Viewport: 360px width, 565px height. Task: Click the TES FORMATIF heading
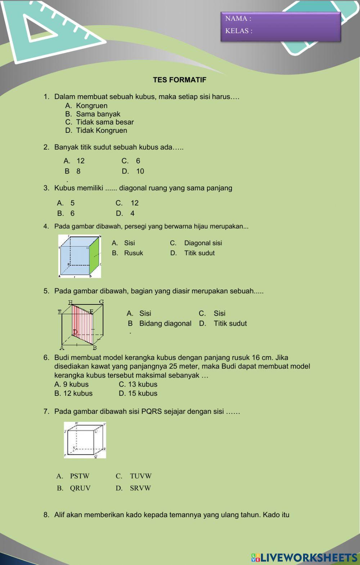pos(180,80)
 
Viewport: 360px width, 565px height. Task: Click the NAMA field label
pos(238,18)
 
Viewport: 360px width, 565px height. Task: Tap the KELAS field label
pos(239,31)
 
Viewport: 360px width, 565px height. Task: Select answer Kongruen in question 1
pos(91,106)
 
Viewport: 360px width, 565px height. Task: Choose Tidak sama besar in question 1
pos(104,122)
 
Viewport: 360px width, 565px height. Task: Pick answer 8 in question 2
pos(78,171)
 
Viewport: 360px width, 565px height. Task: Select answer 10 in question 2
pos(140,171)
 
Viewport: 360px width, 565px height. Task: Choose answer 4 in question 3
pos(132,213)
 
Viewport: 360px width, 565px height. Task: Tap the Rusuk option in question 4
pos(133,253)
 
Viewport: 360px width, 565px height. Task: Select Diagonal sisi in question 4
pos(203,243)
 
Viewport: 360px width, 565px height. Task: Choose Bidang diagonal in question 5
pos(165,324)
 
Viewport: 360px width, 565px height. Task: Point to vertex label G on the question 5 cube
pos(102,302)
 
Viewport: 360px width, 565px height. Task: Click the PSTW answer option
pos(79,476)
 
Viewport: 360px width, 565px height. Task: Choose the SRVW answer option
pos(140,488)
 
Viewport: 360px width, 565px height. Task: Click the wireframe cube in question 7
pos(85,440)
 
